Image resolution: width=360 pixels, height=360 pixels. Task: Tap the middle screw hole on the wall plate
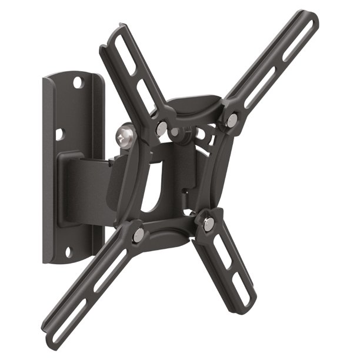tap(59, 135)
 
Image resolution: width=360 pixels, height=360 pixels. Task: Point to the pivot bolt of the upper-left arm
tap(161, 128)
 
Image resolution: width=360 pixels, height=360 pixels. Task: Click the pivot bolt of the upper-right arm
tap(233, 121)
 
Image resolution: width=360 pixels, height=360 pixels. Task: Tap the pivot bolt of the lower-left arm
tap(139, 234)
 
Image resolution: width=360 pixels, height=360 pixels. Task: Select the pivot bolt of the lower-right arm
tap(208, 224)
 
